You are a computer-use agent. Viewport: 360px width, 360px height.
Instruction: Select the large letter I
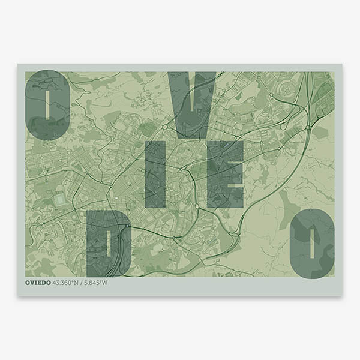(x=155, y=174)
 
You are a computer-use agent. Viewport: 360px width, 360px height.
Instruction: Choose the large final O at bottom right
(x=312, y=243)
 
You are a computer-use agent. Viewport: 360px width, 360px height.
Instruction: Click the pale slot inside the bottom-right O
(x=312, y=243)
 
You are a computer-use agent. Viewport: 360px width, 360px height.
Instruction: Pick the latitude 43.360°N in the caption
(x=67, y=283)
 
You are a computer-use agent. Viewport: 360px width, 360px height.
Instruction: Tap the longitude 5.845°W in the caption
(x=96, y=283)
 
